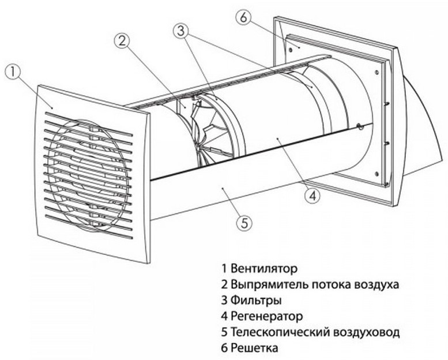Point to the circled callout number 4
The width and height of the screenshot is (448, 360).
tap(312, 196)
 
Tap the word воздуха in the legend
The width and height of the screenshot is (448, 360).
tap(378, 284)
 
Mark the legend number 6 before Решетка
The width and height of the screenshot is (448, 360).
tap(224, 348)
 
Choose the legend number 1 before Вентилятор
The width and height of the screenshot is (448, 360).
tap(224, 268)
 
